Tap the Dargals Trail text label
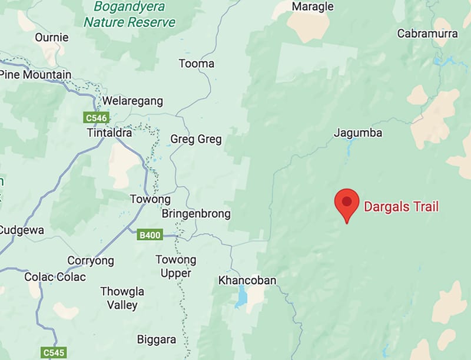point(402,207)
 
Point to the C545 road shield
point(55,352)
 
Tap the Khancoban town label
point(247,280)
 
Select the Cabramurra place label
point(427,34)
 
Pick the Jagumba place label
point(358,133)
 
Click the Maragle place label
point(313,7)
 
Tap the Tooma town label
point(196,64)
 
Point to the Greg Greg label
point(195,140)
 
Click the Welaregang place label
point(132,101)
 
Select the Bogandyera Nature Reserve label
point(130,16)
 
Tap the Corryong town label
point(90,260)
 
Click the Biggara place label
point(156,339)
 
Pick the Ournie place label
point(51,37)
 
